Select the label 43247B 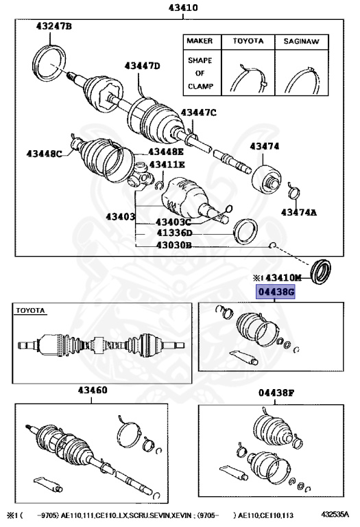pyautogui.click(x=53, y=27)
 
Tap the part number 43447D pyautogui.click(x=141, y=66)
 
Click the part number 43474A pyautogui.click(x=298, y=213)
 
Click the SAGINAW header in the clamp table pyautogui.click(x=299, y=41)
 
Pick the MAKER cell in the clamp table pyautogui.click(x=199, y=41)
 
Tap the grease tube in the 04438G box pyautogui.click(x=242, y=356)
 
